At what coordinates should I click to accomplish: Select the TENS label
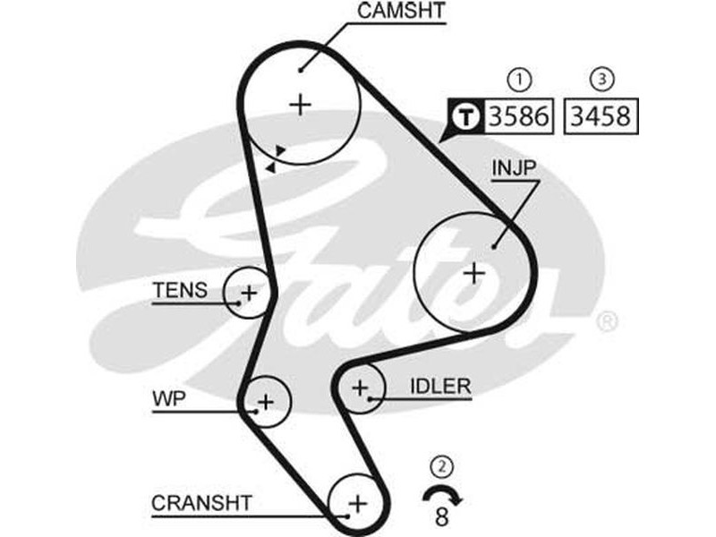[180, 290]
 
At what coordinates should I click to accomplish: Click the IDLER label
[439, 387]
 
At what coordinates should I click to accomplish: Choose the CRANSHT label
[201, 503]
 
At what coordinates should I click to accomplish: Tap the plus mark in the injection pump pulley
[473, 272]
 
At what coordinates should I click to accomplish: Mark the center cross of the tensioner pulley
[249, 292]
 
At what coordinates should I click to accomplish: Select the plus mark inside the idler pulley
[360, 388]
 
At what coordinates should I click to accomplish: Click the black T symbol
[465, 115]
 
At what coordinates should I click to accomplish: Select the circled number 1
[518, 80]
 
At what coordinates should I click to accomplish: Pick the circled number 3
[603, 80]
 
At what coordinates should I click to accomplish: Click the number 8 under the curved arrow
[441, 516]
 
